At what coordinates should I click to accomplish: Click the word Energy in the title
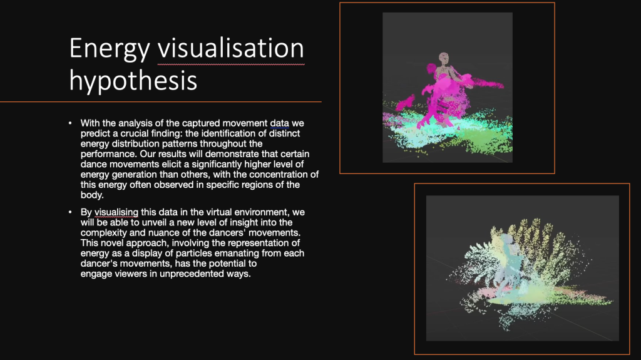pos(110,49)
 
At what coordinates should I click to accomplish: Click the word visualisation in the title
pos(231,48)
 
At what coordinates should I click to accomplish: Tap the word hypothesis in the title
pos(133,81)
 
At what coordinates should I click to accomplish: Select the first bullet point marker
pos(70,123)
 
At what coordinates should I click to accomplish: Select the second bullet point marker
pos(70,212)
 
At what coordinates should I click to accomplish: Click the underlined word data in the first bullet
pos(280,123)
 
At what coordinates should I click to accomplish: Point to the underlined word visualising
pos(116,212)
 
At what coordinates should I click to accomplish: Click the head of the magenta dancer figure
pos(444,57)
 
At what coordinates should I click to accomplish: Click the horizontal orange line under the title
pos(161,101)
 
